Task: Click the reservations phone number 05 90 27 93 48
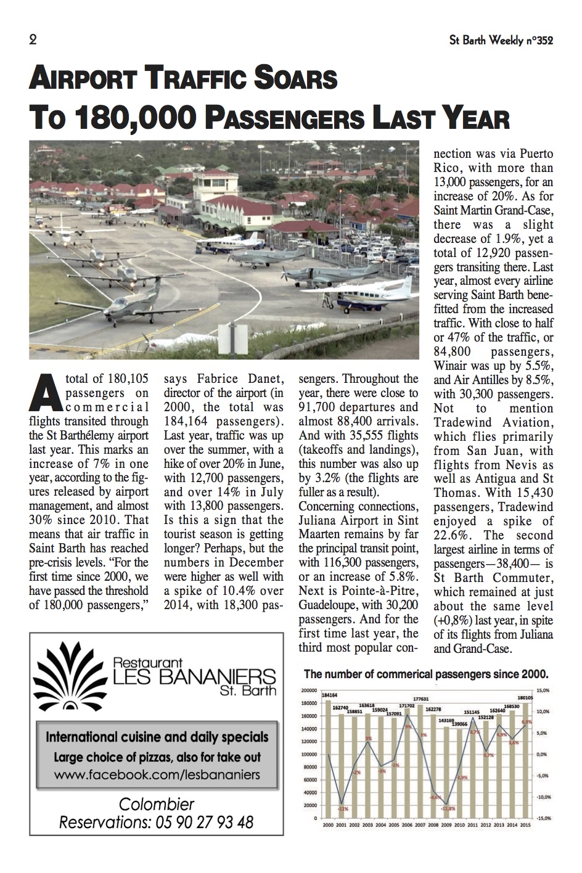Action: pyautogui.click(x=201, y=822)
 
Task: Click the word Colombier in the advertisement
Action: pyautogui.click(x=157, y=804)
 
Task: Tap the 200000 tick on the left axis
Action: pyautogui.click(x=309, y=690)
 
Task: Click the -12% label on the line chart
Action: pyautogui.click(x=343, y=809)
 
